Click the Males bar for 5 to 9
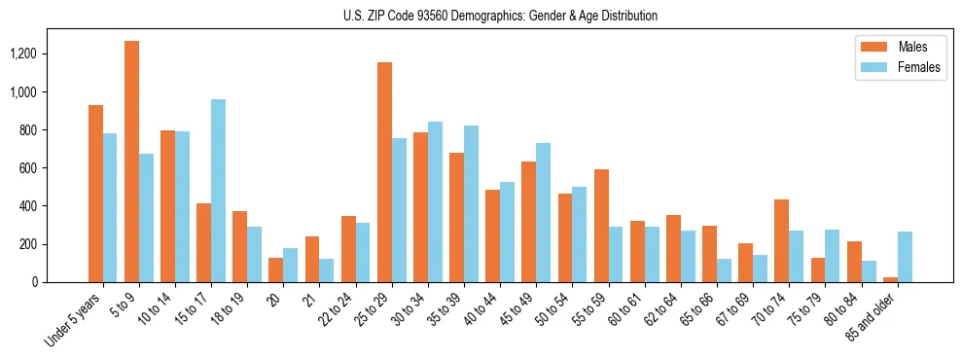[x=131, y=162]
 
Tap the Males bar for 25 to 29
[x=384, y=172]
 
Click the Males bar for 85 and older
[x=891, y=279]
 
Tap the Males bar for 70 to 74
[x=782, y=240]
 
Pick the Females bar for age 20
[x=291, y=265]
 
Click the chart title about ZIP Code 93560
[x=500, y=16]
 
